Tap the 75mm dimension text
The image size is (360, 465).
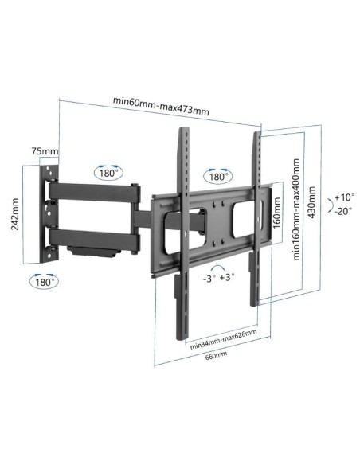45,151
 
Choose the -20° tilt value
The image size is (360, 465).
343,211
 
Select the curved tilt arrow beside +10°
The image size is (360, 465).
327,204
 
